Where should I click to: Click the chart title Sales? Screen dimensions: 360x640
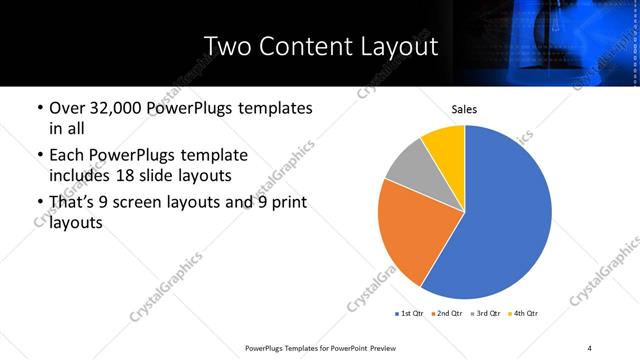point(464,110)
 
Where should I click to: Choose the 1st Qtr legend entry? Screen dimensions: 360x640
point(410,314)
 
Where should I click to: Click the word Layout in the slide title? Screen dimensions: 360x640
point(397,47)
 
